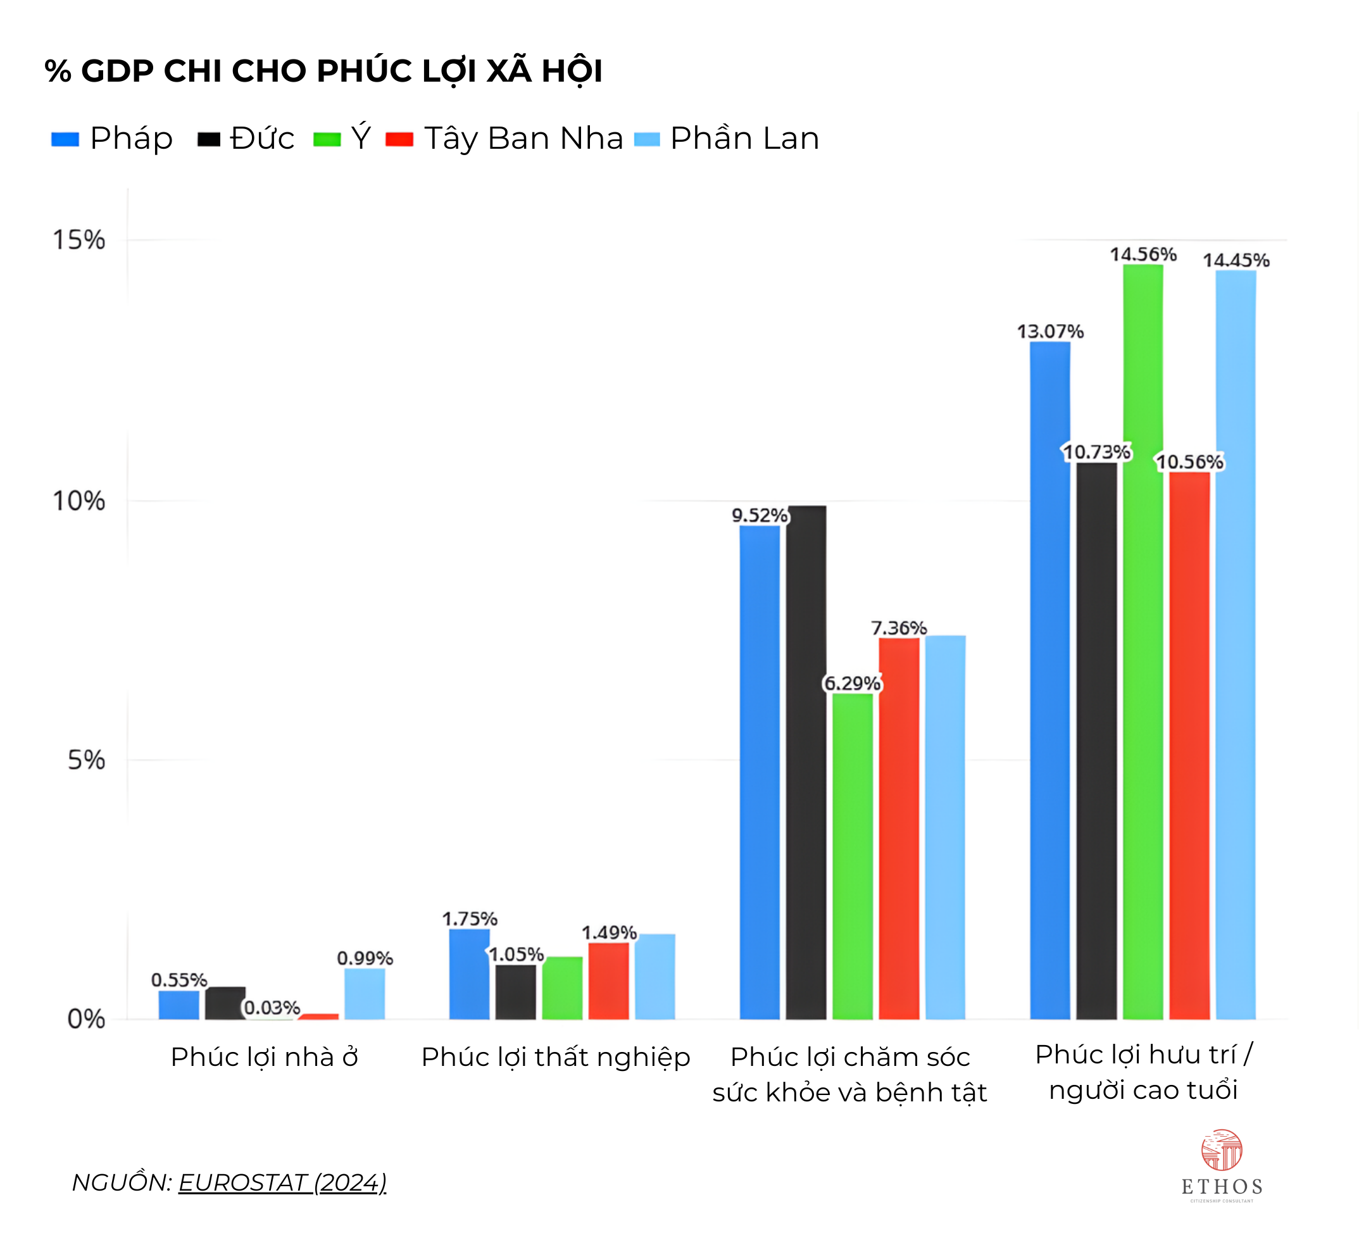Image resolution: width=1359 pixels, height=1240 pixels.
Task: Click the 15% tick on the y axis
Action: pyautogui.click(x=79, y=240)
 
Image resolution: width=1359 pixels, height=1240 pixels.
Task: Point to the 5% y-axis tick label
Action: pyautogui.click(x=86, y=760)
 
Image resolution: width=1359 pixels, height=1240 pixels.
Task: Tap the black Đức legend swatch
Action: pyautogui.click(x=208, y=140)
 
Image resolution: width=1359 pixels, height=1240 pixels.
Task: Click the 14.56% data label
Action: pyautogui.click(x=1143, y=254)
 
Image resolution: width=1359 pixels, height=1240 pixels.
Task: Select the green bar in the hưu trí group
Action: pyautogui.click(x=1143, y=641)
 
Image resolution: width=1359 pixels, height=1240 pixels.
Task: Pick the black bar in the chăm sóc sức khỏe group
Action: pyautogui.click(x=806, y=762)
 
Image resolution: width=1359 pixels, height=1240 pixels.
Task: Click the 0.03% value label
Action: pyautogui.click(x=272, y=1007)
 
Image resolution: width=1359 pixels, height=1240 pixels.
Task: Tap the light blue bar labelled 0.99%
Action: pyautogui.click(x=365, y=993)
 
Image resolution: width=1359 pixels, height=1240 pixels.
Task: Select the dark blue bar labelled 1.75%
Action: pyautogui.click(x=469, y=974)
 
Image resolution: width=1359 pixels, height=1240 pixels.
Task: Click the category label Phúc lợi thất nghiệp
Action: pyautogui.click(x=556, y=1056)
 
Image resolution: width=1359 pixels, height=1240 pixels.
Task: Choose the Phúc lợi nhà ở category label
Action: pyautogui.click(x=264, y=1056)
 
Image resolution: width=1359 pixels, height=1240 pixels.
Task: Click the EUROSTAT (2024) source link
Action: pyautogui.click(x=282, y=1182)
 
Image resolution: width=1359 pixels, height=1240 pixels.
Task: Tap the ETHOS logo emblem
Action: pyautogui.click(x=1222, y=1149)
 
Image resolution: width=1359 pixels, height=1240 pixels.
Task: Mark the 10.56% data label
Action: pyautogui.click(x=1189, y=462)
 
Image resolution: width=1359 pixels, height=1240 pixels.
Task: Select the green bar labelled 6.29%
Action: pyautogui.click(x=852, y=856)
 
